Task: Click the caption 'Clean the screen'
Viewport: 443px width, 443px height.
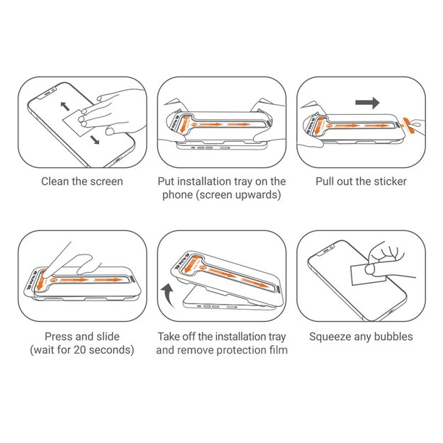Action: [82, 181]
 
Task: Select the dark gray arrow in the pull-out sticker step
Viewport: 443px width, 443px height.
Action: [367, 103]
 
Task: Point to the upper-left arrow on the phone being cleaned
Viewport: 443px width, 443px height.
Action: [64, 107]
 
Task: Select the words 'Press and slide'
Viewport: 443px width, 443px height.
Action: [82, 336]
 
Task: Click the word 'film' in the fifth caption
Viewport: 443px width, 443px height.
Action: [276, 350]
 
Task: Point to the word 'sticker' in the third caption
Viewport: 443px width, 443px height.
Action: [390, 181]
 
